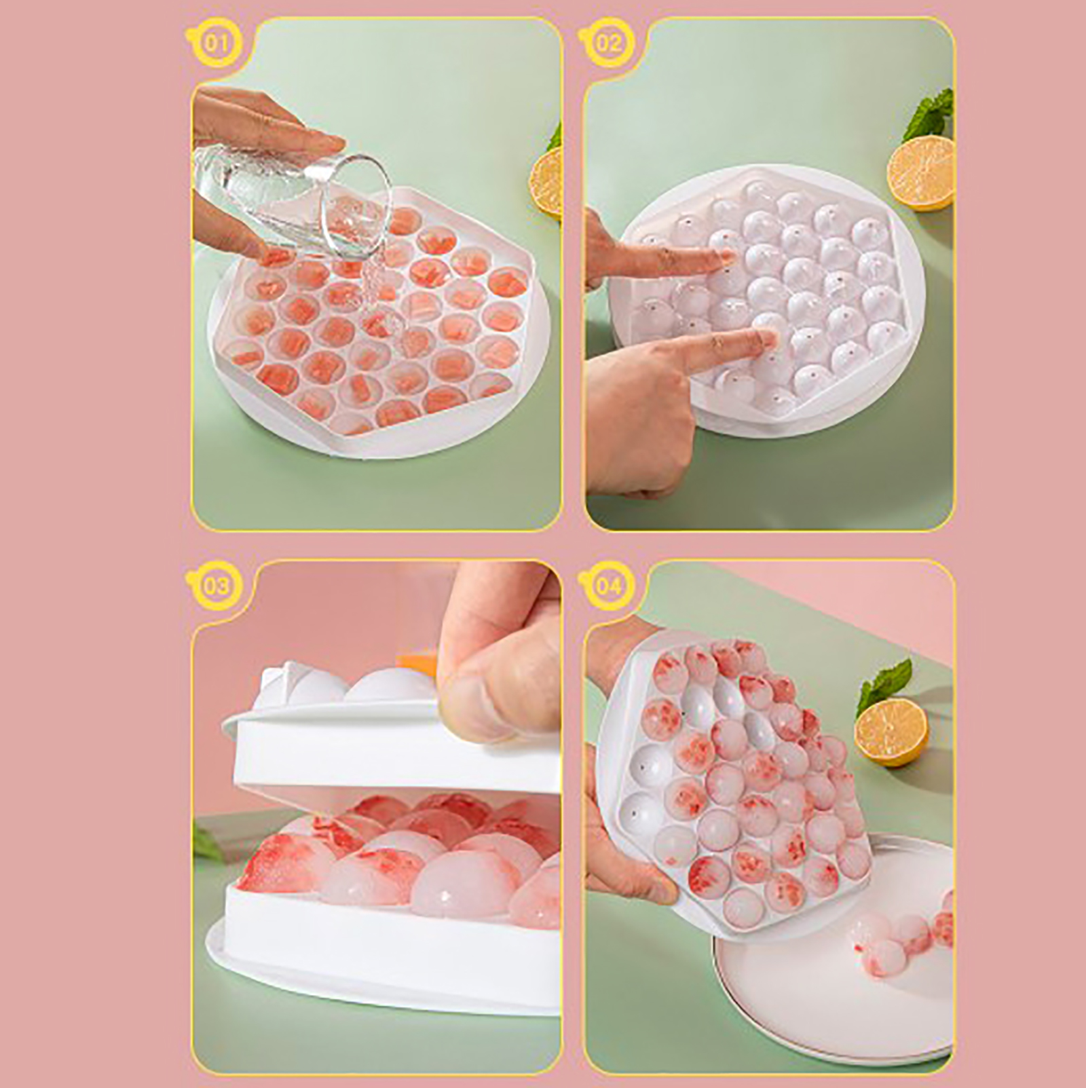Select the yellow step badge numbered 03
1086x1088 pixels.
pyautogui.click(x=215, y=585)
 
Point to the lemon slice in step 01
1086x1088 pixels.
pyautogui.click(x=546, y=183)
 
